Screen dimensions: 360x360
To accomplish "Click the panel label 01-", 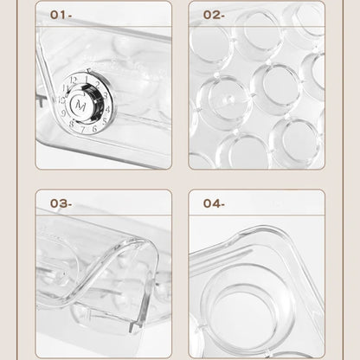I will tap(62, 15).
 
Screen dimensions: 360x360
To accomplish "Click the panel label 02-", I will tap(213, 15).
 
